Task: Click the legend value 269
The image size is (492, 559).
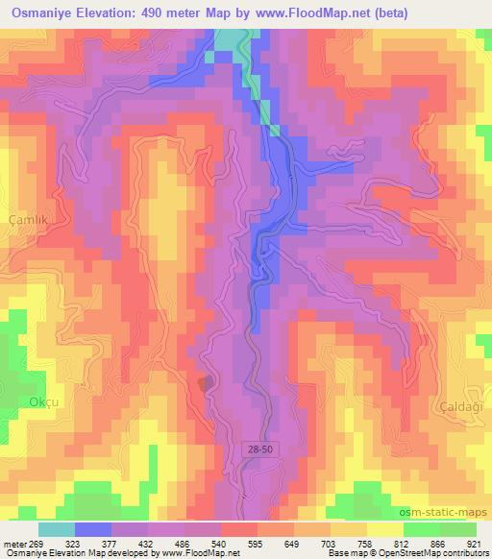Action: tap(37, 543)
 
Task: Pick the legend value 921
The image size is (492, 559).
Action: tap(476, 543)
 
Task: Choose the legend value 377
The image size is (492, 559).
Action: tap(111, 543)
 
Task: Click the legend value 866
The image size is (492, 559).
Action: tap(439, 543)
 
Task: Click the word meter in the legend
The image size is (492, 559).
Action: tap(13, 543)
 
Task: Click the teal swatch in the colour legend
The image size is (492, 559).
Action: tap(57, 529)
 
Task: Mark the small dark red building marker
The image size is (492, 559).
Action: tap(203, 383)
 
